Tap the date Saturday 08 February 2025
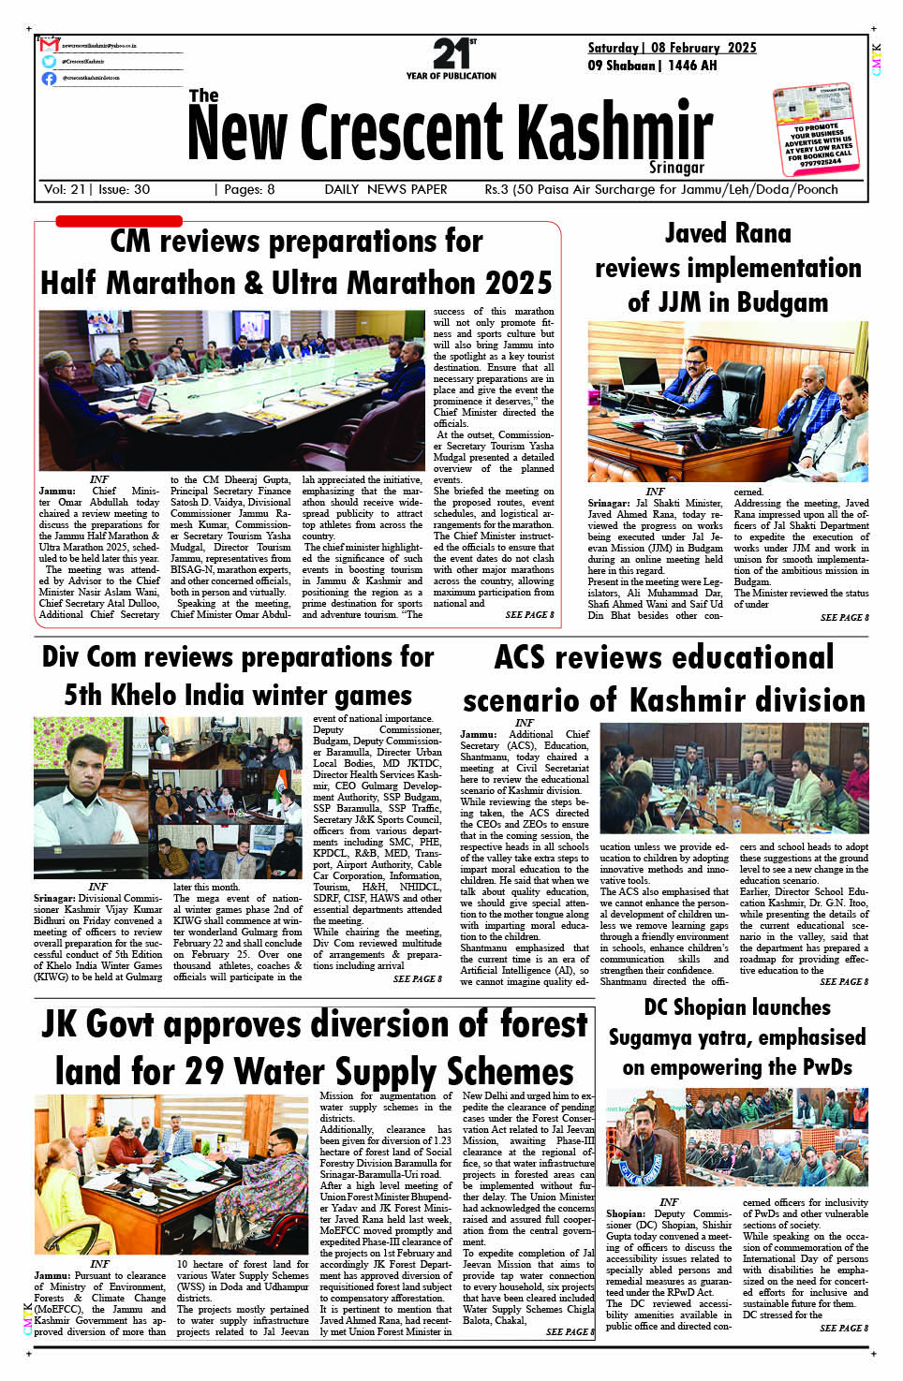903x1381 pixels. [x=672, y=48]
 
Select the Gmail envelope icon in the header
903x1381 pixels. [x=50, y=45]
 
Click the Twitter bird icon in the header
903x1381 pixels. [x=50, y=61]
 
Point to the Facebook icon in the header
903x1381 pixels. [x=50, y=78]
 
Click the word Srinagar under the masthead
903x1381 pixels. [x=676, y=168]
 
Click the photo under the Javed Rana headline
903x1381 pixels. [x=728, y=401]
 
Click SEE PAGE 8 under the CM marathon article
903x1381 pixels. [x=529, y=615]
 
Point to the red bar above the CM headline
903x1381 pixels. [x=119, y=222]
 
